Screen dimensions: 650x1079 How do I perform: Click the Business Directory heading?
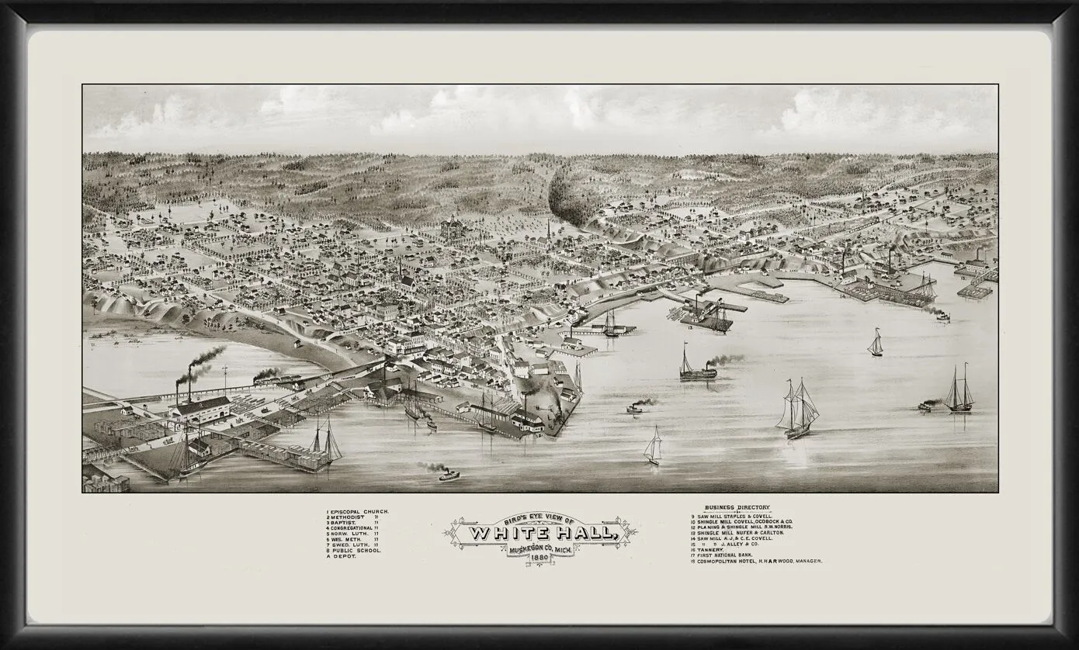point(737,507)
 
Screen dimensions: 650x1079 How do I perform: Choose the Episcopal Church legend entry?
point(358,513)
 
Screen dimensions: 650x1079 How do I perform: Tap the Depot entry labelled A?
point(342,556)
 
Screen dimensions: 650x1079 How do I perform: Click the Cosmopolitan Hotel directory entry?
point(757,561)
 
